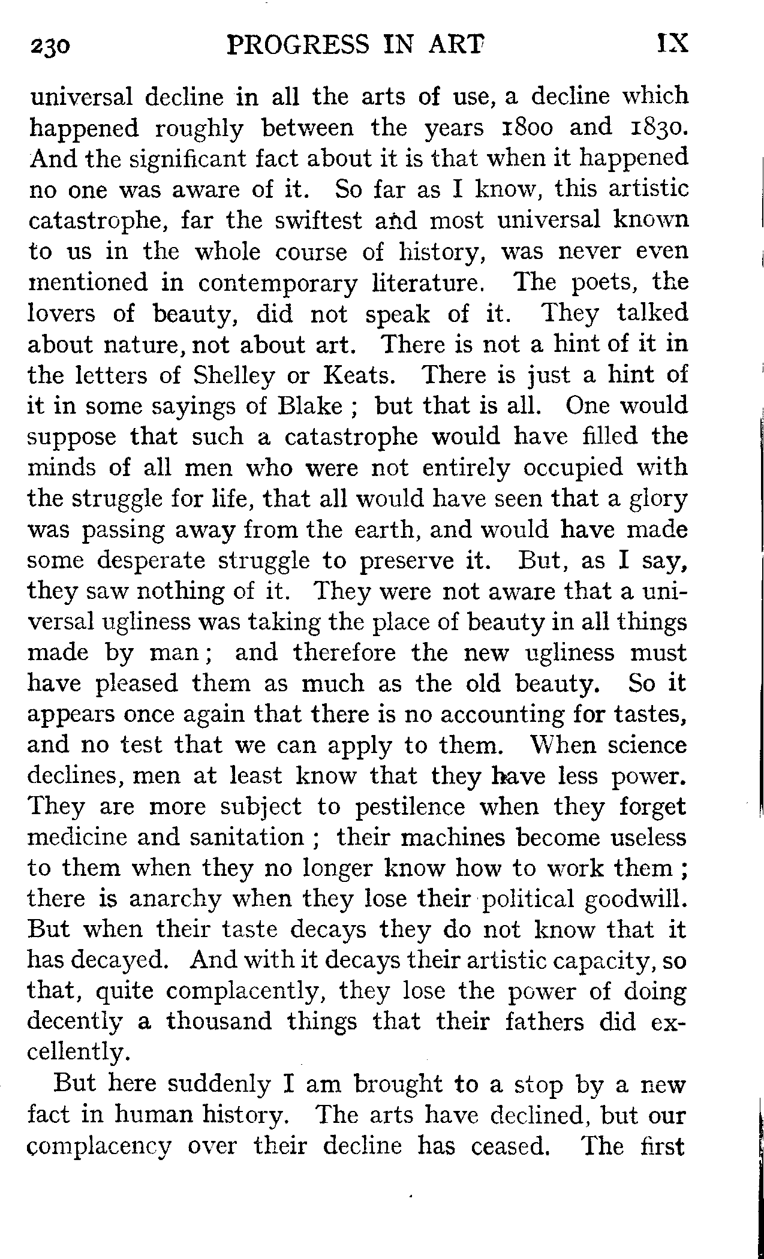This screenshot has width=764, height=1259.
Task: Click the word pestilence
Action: pyautogui.click(x=410, y=808)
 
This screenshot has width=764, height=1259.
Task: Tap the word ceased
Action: pyautogui.click(x=510, y=1146)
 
